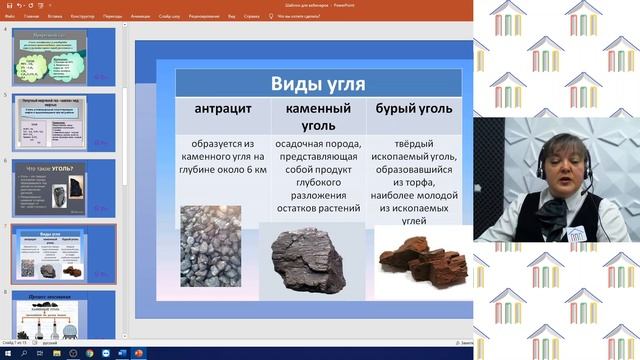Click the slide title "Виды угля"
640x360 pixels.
(x=318, y=82)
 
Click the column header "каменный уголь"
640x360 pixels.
(x=318, y=115)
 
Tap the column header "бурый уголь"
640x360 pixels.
(x=416, y=107)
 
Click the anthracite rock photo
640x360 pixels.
(x=210, y=246)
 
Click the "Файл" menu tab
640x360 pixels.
(x=10, y=16)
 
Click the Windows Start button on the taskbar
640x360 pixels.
(x=6, y=353)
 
